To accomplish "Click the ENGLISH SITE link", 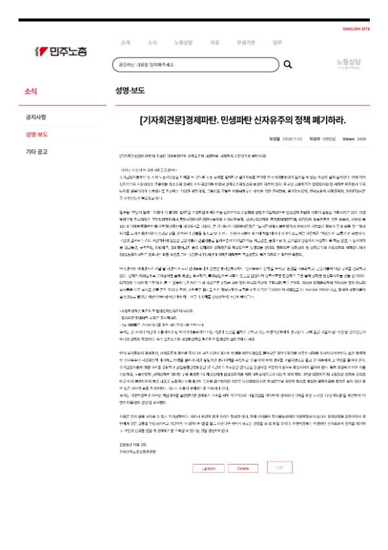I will tap(356, 29).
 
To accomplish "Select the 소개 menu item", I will tap(125, 43).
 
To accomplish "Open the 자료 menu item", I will tap(215, 43).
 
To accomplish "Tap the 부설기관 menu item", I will tap(246, 43).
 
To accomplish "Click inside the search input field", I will tap(194, 65).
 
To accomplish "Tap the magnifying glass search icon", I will tap(288, 65).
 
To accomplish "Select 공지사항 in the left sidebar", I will tap(36, 117).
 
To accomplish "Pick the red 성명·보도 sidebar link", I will tap(36, 135).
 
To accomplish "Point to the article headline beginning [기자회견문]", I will tap(242, 120).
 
